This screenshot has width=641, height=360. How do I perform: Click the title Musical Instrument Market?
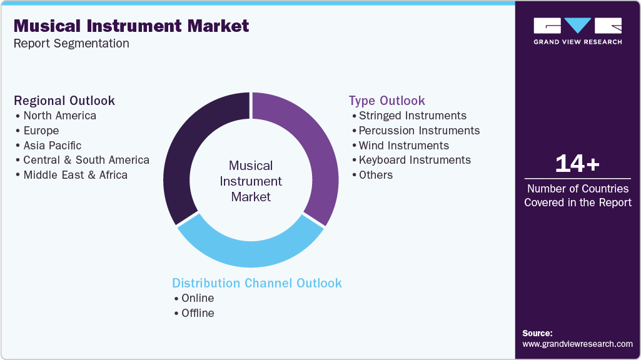[131, 26]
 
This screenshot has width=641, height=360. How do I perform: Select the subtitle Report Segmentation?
[71, 43]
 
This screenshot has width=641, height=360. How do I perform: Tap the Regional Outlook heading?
[64, 101]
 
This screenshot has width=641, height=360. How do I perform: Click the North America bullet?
[59, 116]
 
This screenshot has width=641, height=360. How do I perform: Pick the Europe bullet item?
[41, 131]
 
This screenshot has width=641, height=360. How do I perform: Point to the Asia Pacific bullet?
[52, 146]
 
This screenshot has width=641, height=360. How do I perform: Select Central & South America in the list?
[86, 160]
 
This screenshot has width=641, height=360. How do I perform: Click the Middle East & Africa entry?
[75, 175]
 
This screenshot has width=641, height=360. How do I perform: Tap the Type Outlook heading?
[386, 101]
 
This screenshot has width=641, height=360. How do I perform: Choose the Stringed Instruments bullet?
[412, 116]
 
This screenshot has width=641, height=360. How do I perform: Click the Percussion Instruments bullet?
[419, 131]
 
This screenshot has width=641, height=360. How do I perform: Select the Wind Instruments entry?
[403, 146]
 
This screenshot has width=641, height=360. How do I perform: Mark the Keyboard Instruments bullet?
[415, 160]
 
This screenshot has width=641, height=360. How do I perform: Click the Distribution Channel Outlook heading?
[257, 283]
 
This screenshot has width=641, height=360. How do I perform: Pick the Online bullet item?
[198, 298]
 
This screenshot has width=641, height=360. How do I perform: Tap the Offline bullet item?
[198, 313]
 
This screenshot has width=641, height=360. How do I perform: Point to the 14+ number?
[577, 164]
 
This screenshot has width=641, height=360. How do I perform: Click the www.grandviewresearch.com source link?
[577, 344]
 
